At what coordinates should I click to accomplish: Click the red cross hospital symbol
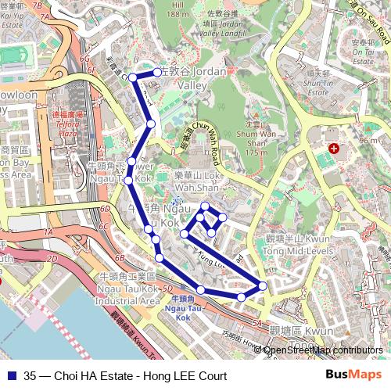[334, 148]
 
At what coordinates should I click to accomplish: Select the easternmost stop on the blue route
[262, 286]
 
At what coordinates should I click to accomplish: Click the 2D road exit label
[52, 257]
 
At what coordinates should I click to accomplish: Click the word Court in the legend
[210, 375]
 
